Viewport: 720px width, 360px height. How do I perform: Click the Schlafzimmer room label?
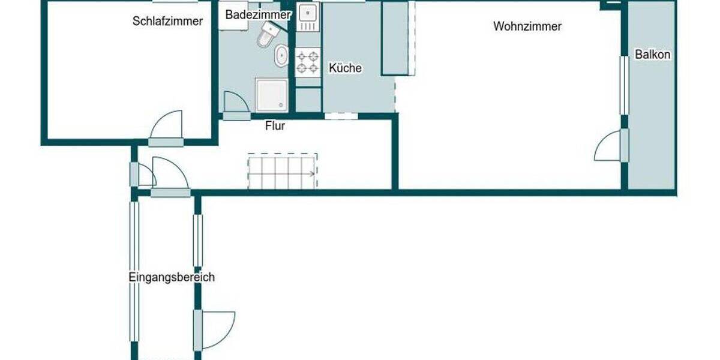167,22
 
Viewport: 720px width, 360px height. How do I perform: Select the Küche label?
345,68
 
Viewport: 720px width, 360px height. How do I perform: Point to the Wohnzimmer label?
527,26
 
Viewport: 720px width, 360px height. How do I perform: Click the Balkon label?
653,55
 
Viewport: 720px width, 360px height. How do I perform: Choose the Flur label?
275,127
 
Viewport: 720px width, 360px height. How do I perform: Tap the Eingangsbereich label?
172,277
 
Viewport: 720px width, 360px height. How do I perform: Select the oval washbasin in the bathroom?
281,58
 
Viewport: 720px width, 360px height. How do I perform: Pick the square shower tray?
272,95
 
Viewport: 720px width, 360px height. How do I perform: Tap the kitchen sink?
308,14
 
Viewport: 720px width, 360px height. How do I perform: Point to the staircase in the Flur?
282,172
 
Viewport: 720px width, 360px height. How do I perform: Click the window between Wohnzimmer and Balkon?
623,85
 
